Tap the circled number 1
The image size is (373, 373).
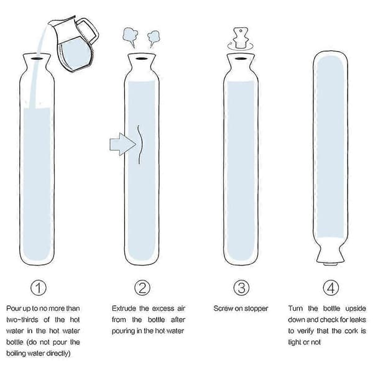point(39,288)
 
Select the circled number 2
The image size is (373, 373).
point(142,288)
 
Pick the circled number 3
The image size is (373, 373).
point(241,288)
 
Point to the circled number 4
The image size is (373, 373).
point(331,288)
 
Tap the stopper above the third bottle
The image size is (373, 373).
point(241,39)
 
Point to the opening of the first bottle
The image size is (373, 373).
point(37,58)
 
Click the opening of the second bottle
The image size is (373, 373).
point(141,58)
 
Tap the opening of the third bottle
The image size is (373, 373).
point(241,58)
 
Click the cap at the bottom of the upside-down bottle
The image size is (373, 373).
point(330,264)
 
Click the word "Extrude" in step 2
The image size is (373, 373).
point(124,308)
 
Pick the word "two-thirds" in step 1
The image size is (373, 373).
point(22,320)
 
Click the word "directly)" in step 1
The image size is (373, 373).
point(58,354)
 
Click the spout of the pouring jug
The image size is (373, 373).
point(51,22)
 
